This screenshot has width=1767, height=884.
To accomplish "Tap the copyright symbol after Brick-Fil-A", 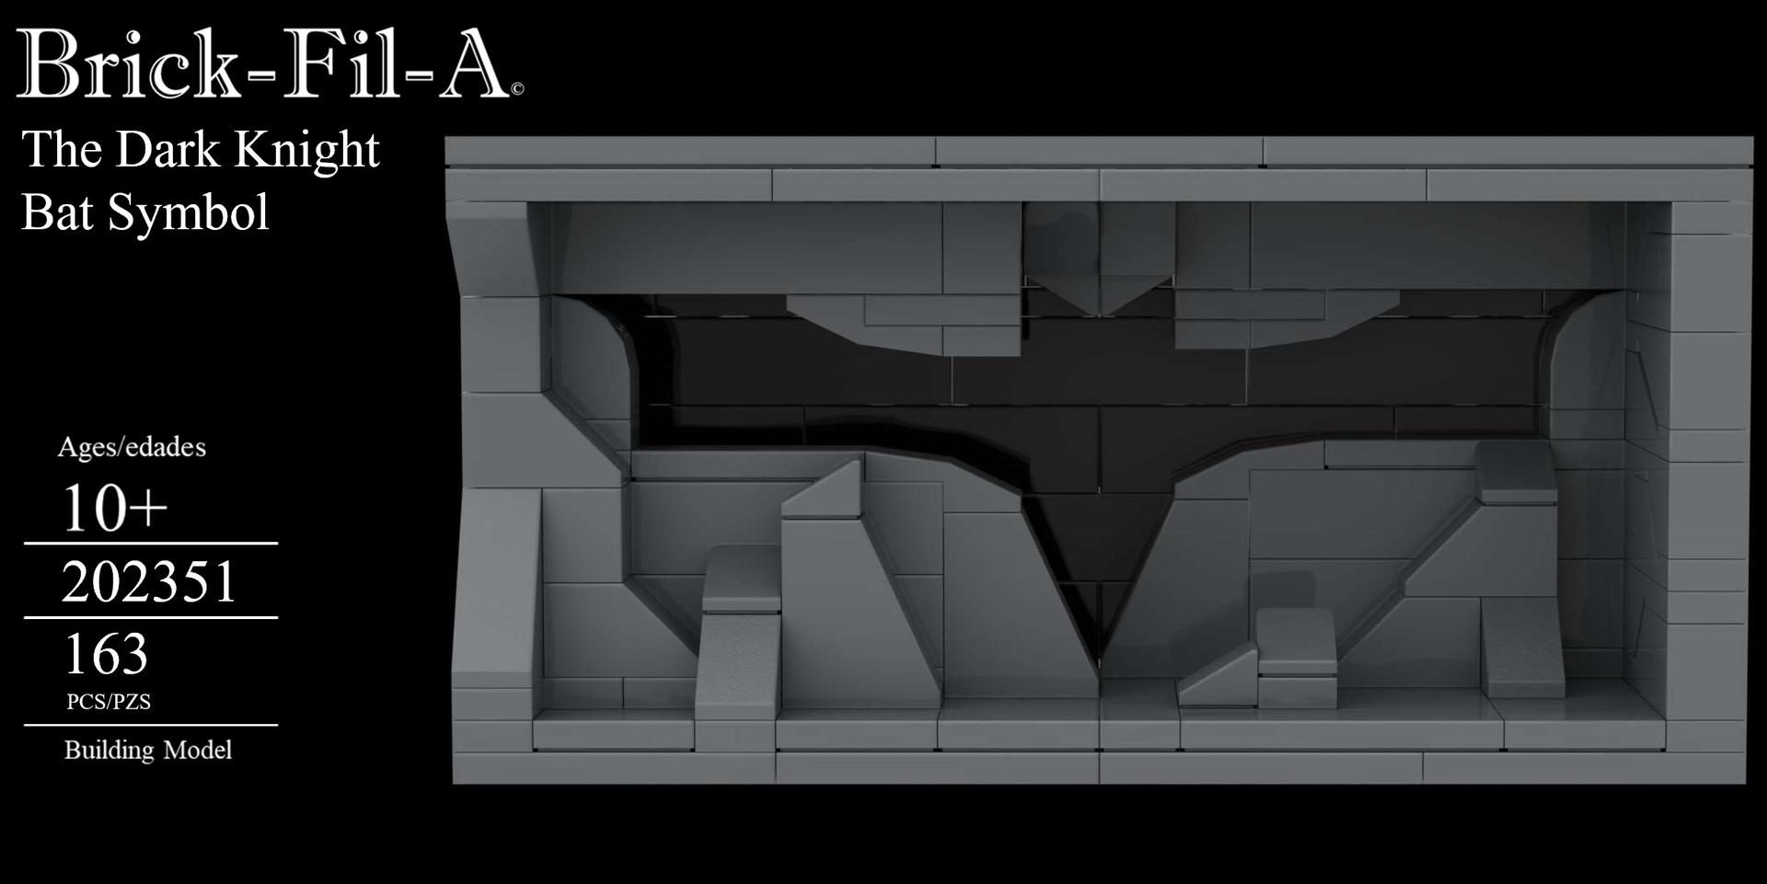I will (517, 89).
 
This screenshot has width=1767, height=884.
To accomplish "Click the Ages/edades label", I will (132, 447).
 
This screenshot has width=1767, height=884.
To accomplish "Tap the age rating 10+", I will (114, 508).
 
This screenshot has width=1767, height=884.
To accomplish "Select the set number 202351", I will (149, 582).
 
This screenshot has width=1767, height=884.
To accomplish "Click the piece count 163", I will (105, 654).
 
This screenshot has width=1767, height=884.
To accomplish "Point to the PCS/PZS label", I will (109, 702).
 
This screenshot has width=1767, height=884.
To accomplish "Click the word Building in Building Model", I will (109, 751).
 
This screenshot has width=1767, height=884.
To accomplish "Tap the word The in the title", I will (63, 150).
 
